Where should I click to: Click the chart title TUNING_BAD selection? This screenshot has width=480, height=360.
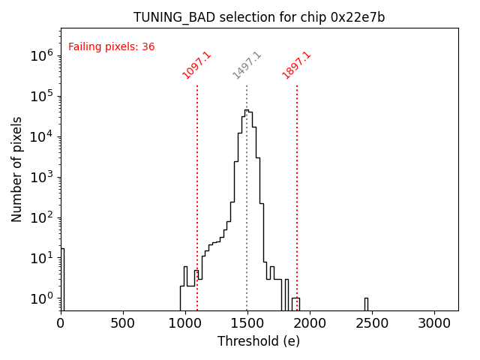point(259,17)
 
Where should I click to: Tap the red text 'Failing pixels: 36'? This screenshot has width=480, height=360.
point(111,46)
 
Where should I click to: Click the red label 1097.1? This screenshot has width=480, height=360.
point(197,65)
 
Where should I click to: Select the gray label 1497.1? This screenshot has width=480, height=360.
point(247,65)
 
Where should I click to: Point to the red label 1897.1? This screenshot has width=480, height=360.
point(296,65)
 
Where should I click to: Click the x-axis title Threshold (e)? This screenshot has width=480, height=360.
point(259,341)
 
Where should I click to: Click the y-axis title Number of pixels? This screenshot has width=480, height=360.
point(17,169)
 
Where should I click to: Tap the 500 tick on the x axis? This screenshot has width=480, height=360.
point(123,322)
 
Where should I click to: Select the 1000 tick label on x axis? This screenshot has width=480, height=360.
point(185,322)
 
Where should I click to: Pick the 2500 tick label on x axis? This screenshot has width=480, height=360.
point(372,322)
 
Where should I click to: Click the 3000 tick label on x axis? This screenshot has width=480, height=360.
point(434,322)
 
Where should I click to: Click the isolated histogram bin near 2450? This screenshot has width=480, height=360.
point(366,303)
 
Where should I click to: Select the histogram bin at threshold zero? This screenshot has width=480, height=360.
point(62,277)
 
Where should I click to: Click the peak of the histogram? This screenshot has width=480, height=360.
point(246,111)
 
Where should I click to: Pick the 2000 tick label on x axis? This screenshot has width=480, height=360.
point(310,322)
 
